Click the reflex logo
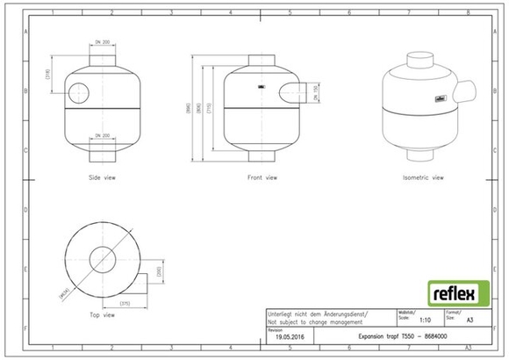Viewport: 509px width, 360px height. point(453,292)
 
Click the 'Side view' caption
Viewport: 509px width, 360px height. point(102,177)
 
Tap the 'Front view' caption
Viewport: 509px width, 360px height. point(262,177)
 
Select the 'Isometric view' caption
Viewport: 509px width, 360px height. point(422,177)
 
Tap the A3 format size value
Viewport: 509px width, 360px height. point(467,321)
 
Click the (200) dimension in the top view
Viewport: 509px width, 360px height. point(160,272)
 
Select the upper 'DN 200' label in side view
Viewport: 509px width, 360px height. point(102,43)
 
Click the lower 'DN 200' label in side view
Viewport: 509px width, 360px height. point(102,135)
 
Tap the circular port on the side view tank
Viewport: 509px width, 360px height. point(78,91)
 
